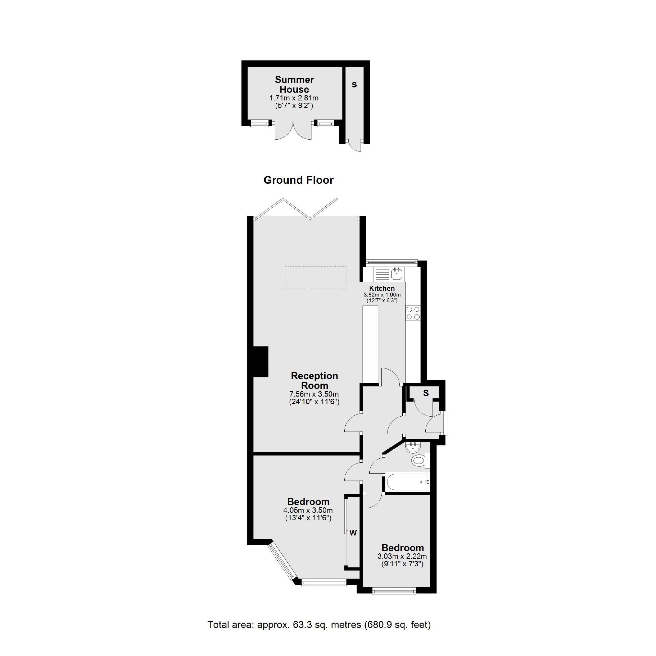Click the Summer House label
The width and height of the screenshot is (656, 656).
(294, 85)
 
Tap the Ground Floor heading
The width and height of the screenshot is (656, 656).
(298, 180)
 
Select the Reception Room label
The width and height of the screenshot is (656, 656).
(315, 381)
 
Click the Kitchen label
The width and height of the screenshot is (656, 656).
(382, 288)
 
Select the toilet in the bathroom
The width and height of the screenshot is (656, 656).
(419, 461)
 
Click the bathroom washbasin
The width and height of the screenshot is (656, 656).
(413, 446)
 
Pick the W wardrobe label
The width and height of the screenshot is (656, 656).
(353, 533)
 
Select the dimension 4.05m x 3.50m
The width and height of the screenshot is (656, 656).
(308, 510)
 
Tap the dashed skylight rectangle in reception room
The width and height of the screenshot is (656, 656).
(316, 277)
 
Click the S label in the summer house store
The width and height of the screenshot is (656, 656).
(354, 85)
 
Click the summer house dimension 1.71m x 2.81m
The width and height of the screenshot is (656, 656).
(294, 98)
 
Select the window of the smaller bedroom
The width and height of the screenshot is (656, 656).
(394, 591)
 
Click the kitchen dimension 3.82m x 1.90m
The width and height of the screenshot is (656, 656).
(382, 295)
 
